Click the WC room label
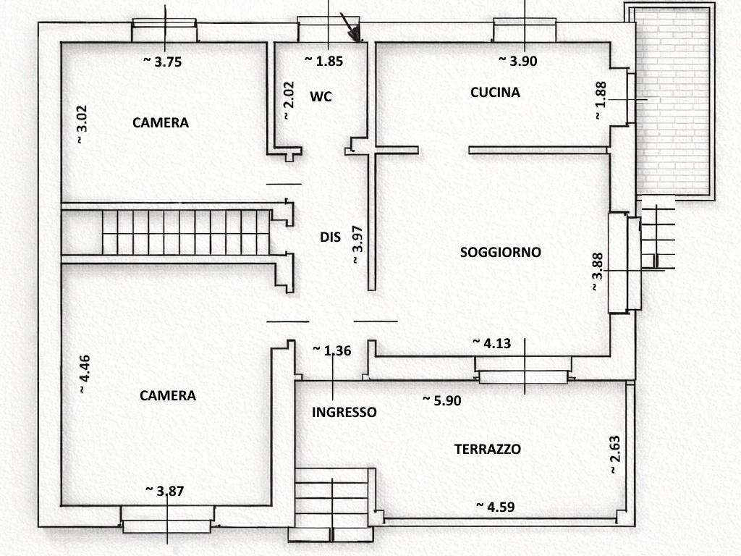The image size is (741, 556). coord(321,96)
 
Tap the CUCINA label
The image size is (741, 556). coord(495,92)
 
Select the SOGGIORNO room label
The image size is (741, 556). coord(501,252)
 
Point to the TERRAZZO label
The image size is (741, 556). coord(487,449)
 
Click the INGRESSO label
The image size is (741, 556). coord(344,412)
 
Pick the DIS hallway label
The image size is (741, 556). coord(330,237)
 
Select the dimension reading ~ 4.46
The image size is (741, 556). coord(85,374)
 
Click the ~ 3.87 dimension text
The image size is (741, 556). coord(165,490)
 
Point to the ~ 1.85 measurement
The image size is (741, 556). coord(323,62)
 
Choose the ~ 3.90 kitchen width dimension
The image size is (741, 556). coord(518,62)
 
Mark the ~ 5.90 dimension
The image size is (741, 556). coord(442,400)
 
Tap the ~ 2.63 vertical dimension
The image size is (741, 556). coord(614,455)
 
